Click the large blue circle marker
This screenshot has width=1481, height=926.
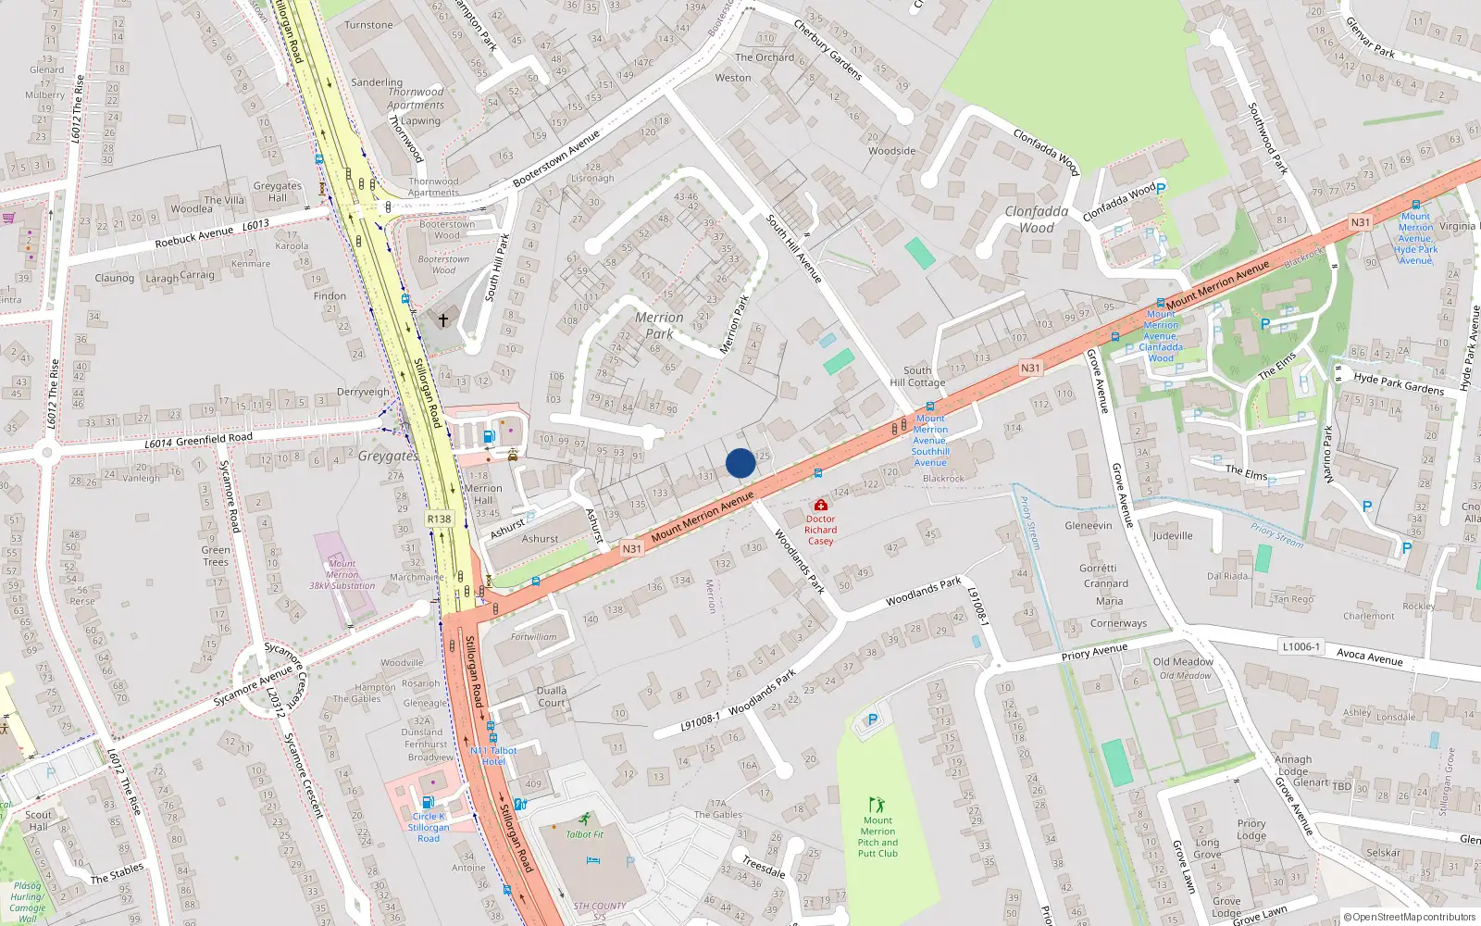740,463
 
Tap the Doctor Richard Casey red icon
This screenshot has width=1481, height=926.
820,506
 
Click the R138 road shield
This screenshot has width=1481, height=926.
440,519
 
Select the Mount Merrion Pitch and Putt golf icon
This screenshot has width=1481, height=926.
877,805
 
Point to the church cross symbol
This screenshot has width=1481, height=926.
443,320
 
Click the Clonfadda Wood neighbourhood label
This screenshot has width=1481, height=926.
1037,219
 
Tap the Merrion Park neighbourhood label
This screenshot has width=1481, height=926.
659,325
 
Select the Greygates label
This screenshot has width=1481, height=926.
388,456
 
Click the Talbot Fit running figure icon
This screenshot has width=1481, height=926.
584,820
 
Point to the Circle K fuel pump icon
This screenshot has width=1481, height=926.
428,802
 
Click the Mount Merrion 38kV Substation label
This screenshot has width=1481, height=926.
342,574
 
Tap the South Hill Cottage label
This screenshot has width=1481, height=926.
917,376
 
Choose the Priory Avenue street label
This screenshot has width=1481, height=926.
1094,653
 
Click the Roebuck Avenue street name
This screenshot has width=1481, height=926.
194,237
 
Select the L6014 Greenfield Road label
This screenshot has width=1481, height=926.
198,441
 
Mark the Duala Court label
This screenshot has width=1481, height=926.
552,696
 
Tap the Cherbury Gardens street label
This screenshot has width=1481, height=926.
828,49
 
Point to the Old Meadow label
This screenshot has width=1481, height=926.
1183,662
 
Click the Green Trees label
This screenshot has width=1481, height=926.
216,556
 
